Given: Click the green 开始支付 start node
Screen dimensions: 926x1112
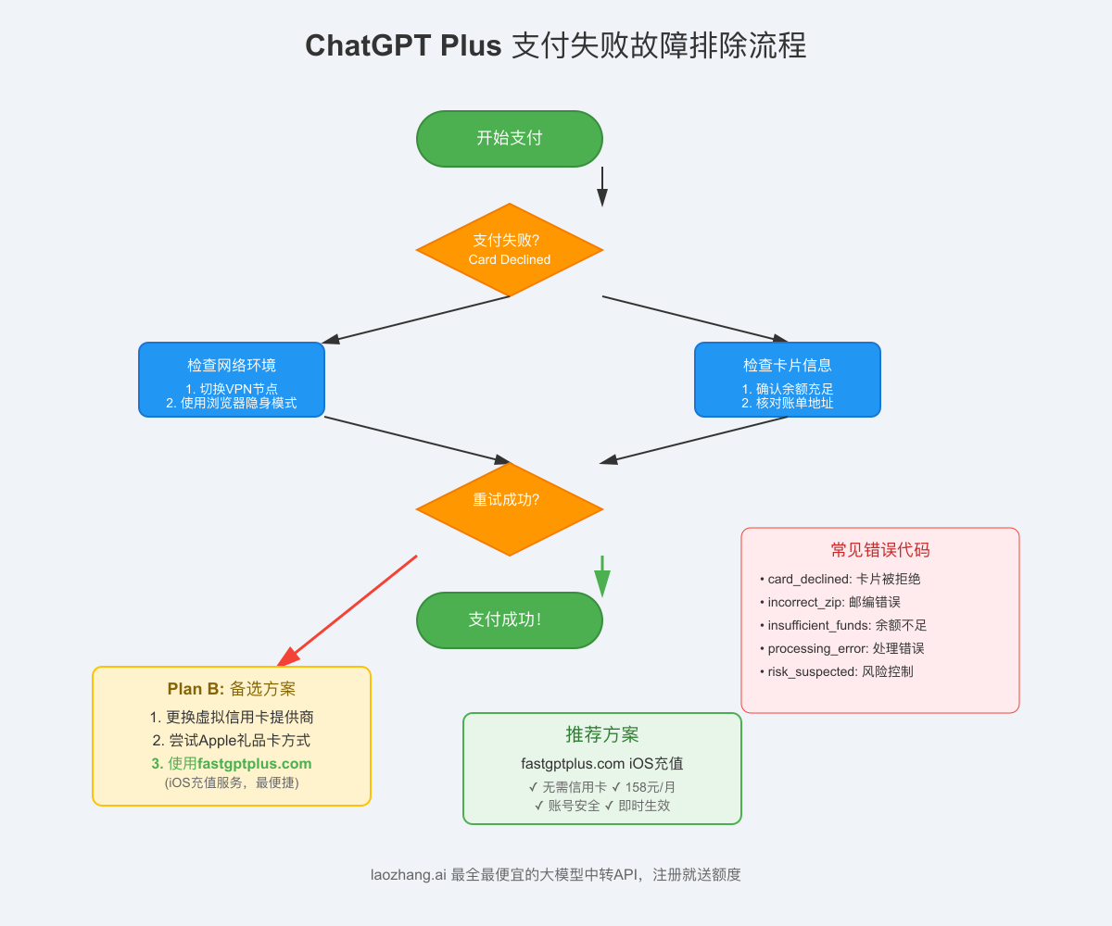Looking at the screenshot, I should point(510,139).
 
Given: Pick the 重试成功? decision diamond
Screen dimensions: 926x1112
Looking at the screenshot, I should point(510,509).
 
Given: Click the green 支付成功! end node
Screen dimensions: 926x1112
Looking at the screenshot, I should point(510,619).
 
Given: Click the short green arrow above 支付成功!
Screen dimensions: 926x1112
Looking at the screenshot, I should point(602,577).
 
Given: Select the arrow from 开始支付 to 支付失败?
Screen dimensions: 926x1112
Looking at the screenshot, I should point(602,186).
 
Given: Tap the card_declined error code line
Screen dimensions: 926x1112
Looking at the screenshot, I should point(843,579).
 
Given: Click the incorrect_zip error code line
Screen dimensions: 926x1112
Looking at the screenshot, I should point(833,602).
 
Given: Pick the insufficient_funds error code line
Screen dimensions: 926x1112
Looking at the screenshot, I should point(847,625).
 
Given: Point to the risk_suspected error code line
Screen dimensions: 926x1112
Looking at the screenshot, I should point(840,671).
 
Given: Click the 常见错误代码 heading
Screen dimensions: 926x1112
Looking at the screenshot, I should point(880,550).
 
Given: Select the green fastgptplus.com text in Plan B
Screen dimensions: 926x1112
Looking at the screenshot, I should point(254,764).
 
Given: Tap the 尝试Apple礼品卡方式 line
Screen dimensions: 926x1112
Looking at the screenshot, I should point(232,741).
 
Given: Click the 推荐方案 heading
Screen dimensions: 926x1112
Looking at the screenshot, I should point(602,735).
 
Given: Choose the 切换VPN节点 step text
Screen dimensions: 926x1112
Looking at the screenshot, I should point(232,389).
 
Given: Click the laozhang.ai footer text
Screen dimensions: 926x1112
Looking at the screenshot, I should point(556,874).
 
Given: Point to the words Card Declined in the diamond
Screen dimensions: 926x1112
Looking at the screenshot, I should point(510,259).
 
